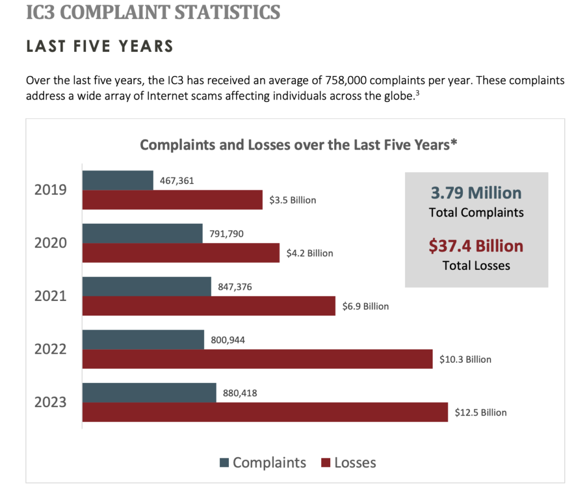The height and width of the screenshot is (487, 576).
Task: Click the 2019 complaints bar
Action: [x=118, y=180]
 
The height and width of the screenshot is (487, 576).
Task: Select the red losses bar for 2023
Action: [x=265, y=412]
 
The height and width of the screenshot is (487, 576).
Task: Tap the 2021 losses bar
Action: [x=209, y=306]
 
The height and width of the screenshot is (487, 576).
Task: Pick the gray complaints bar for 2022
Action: [x=143, y=340]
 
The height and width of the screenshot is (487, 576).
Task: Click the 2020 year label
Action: [x=51, y=243]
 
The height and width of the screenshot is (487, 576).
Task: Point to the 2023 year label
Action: [x=51, y=402]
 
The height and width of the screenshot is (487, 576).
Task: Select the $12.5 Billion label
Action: [x=480, y=412]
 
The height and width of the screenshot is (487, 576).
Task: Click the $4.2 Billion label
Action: [x=309, y=253]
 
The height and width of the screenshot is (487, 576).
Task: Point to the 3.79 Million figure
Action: [x=476, y=193]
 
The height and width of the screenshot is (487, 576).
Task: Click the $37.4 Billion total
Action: [x=476, y=246]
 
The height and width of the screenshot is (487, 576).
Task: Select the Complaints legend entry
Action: [x=263, y=463]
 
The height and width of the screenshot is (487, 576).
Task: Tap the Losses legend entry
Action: [x=349, y=463]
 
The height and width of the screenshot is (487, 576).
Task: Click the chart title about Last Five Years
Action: [x=298, y=145]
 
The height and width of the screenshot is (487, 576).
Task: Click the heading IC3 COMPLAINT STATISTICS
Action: [x=153, y=12]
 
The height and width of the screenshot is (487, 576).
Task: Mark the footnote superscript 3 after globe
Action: [x=417, y=93]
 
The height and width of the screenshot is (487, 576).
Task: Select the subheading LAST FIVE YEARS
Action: [x=100, y=46]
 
